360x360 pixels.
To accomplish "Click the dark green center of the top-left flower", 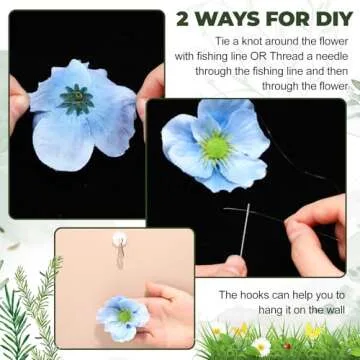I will click(75, 99).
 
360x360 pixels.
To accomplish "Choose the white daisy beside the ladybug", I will click(262, 345).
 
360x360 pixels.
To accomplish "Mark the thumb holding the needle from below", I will click(233, 265).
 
